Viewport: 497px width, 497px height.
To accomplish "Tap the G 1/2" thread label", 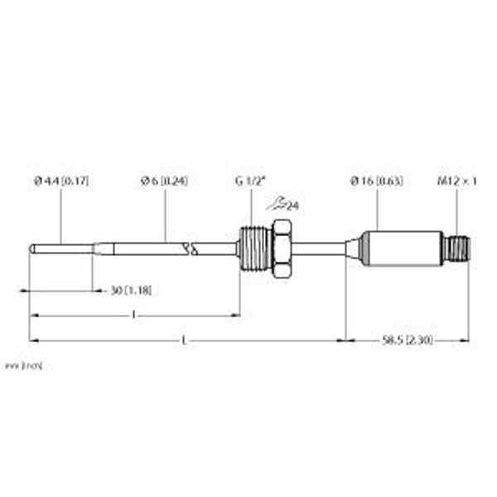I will pos(249,181).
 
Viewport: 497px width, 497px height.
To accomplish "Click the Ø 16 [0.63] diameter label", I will pos(377,181).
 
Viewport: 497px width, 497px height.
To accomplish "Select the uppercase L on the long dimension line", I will pos(183,339).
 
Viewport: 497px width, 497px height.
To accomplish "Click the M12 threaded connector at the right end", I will pos(458,248).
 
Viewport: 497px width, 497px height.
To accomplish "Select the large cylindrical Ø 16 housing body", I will pos(401,248).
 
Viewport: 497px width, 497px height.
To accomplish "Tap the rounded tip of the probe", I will pos(32,248).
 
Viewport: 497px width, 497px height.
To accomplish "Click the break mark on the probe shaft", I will pos(191,247).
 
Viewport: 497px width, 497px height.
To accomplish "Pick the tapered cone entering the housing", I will pos(354,248).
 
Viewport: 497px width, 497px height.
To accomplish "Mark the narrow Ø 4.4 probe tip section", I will pos(62,248).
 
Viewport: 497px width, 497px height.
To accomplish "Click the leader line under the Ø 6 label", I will pos(165,215).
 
